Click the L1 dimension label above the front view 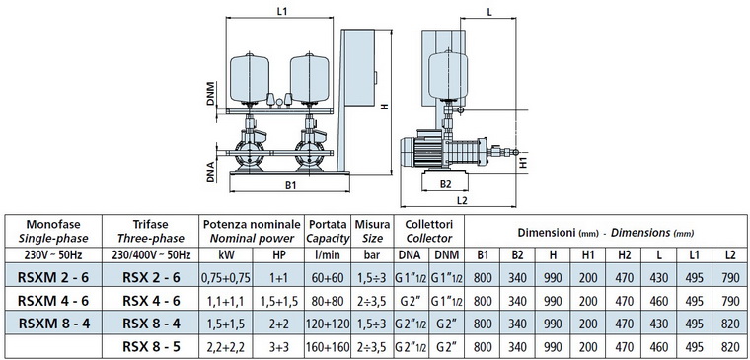point(282,11)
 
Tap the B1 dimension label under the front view point(291,186)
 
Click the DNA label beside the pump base point(210,172)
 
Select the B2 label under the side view point(446,185)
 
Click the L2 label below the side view point(462,201)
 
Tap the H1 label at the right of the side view point(523,162)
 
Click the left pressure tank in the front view point(250,79)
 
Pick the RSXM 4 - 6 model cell point(53,300)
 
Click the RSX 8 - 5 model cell point(151,346)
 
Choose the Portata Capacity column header point(328,231)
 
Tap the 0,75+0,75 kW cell point(226,277)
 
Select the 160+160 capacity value point(328,347)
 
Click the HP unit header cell point(279,255)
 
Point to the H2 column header point(624,255)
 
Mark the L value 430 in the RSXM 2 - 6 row point(659,277)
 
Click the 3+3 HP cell point(279,347)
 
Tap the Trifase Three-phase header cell point(151,231)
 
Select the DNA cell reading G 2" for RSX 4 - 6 point(411,301)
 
